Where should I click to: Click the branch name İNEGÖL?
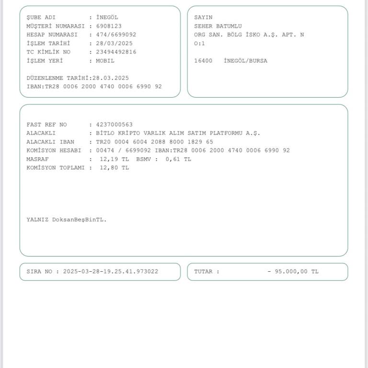[x=107, y=17]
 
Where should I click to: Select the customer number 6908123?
[x=109, y=26]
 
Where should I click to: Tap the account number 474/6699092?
[x=116, y=34]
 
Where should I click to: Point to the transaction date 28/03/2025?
[x=114, y=43]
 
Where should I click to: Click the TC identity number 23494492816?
[x=116, y=52]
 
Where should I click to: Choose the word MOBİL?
[x=105, y=61]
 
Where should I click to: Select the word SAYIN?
[x=203, y=17]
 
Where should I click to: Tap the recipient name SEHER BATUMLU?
[x=218, y=26]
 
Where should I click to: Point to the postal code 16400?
[x=203, y=61]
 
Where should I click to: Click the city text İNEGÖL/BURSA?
[x=245, y=61]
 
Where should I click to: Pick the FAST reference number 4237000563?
[x=114, y=125]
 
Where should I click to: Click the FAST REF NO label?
[x=46, y=125]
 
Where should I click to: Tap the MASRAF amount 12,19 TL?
[x=114, y=159]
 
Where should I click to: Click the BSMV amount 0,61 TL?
[x=178, y=159]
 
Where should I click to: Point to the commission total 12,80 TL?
[x=114, y=168]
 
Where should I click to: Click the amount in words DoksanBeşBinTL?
[x=80, y=220]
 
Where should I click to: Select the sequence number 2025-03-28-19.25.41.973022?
[x=111, y=272]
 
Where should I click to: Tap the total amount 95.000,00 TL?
[x=297, y=272]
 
